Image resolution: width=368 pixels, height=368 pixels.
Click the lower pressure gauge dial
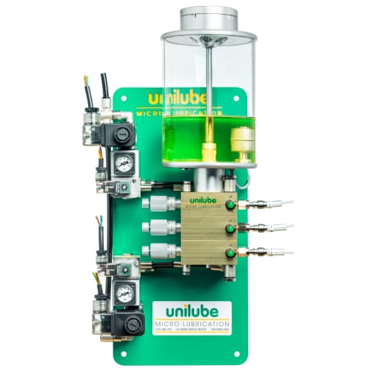124,294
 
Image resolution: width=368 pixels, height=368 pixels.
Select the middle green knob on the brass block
230,229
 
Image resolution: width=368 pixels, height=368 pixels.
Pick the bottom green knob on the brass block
230,253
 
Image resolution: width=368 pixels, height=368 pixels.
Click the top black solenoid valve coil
120,136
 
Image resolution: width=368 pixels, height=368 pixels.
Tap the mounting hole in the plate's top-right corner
238,97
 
